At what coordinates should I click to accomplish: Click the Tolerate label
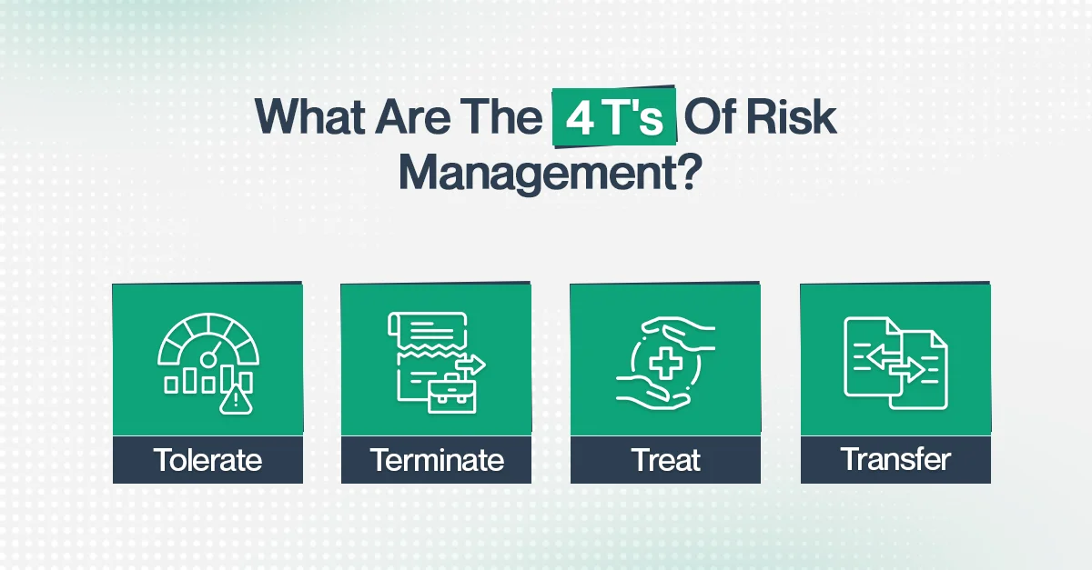click(x=207, y=460)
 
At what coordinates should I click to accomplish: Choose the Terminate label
click(x=437, y=460)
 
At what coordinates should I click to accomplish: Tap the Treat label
click(x=665, y=460)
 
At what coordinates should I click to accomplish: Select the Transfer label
click(x=895, y=460)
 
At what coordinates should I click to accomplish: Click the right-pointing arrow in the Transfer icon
click(x=911, y=371)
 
